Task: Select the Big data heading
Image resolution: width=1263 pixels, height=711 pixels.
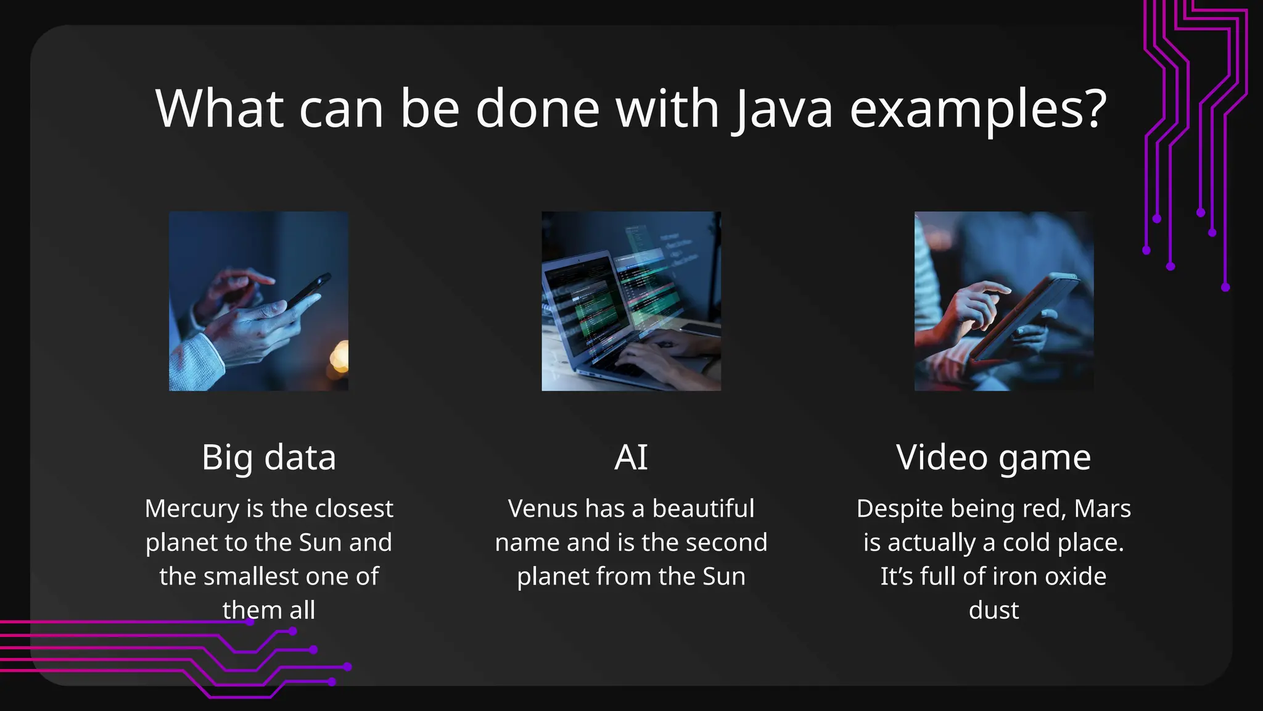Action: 269,457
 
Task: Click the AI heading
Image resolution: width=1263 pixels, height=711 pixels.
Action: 631,457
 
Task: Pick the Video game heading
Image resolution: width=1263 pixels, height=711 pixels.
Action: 994,457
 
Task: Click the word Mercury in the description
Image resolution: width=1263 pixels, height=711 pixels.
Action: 191,509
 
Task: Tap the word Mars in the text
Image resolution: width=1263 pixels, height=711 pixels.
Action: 1102,509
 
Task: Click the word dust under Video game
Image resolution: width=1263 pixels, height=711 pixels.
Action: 994,610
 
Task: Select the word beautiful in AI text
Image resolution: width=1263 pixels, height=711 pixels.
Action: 703,509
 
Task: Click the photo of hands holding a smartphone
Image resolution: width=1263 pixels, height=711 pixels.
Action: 258,301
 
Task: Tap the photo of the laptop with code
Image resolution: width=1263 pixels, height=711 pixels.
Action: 631,301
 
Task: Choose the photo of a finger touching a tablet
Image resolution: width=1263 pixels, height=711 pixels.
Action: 1003,301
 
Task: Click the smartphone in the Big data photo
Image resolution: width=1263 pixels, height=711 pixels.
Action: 308,290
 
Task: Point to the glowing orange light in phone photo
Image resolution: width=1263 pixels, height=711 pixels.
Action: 339,357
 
